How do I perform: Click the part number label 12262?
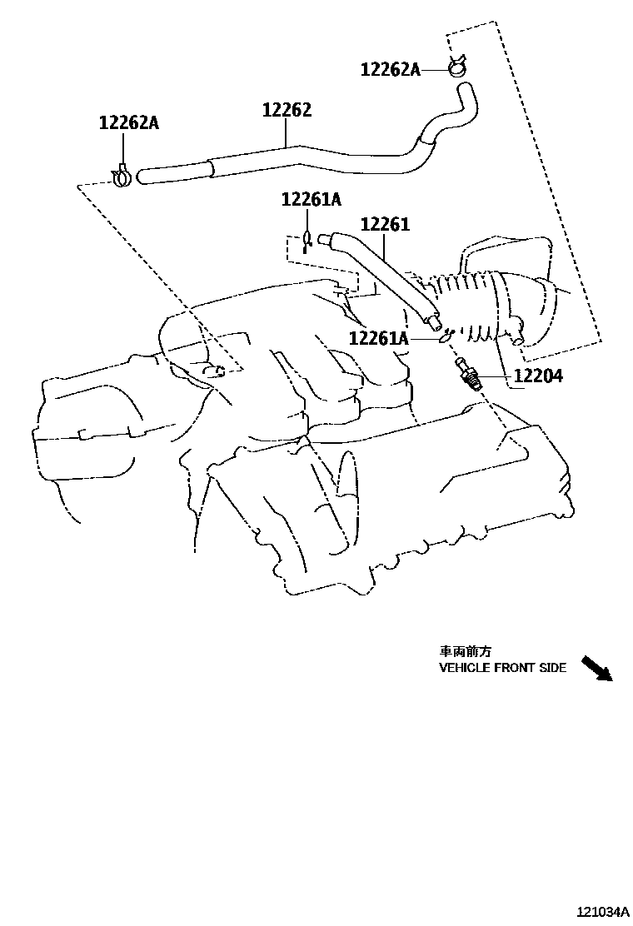[x=287, y=111]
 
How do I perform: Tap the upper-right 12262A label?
[x=390, y=70]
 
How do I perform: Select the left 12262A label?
[x=128, y=123]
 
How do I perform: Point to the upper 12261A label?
[x=311, y=199]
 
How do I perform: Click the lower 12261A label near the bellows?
[x=378, y=338]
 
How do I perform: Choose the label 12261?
[x=385, y=224]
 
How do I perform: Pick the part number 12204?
[x=537, y=376]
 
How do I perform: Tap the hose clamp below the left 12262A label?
[x=122, y=176]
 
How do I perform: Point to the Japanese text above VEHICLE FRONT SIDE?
[x=460, y=651]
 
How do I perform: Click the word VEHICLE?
[x=465, y=668]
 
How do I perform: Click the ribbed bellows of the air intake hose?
[x=471, y=304]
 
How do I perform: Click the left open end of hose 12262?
[x=144, y=177]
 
